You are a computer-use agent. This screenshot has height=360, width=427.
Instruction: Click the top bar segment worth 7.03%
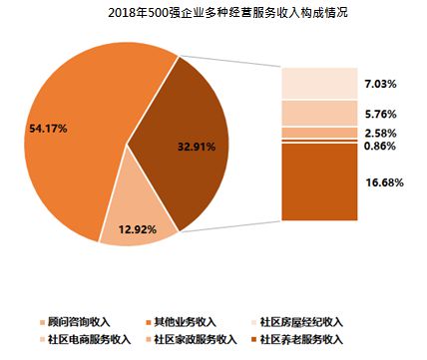click(318, 83)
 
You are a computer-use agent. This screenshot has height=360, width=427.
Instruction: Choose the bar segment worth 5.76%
click(318, 113)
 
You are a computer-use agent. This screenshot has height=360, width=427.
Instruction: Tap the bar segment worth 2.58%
click(318, 133)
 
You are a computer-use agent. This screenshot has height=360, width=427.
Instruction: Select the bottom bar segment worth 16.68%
click(318, 180)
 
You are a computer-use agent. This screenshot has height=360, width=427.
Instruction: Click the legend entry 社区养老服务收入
click(299, 340)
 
